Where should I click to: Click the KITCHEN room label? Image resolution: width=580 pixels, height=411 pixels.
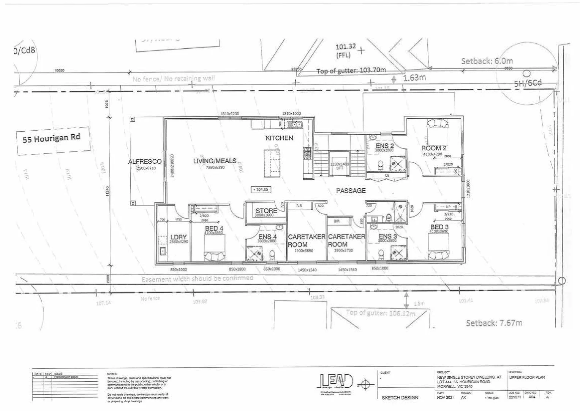(x=279, y=138)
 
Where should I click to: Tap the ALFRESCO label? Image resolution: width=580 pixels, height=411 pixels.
(x=145, y=162)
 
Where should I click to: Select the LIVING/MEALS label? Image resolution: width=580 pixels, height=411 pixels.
(x=215, y=161)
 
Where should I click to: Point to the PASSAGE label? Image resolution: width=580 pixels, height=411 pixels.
(x=351, y=191)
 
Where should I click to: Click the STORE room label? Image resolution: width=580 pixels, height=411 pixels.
(x=266, y=210)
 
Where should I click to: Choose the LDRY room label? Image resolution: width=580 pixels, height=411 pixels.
(x=178, y=237)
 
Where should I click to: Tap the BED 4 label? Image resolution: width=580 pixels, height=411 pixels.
(x=214, y=228)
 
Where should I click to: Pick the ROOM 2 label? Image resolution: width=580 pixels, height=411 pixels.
(x=434, y=148)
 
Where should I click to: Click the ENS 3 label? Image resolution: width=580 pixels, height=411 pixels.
(x=388, y=236)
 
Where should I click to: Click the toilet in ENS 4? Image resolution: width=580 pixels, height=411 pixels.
(x=272, y=255)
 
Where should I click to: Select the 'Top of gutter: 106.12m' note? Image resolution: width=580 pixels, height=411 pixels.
(x=381, y=313)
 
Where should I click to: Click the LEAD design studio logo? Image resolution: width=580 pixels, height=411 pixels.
(x=336, y=382)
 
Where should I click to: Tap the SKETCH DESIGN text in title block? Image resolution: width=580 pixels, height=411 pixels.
(x=400, y=398)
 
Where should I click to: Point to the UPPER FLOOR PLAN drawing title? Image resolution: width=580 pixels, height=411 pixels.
(x=527, y=378)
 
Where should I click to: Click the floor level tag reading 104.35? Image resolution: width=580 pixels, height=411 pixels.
(x=261, y=189)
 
